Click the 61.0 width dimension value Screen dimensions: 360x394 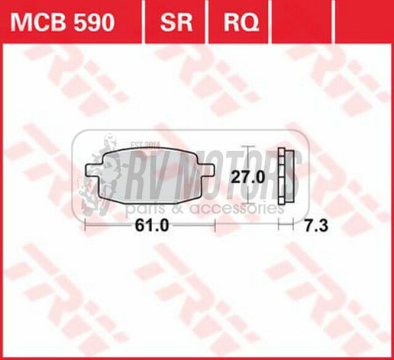pos(152,226)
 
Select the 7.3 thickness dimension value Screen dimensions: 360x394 pos(314,226)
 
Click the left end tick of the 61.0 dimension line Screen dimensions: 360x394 pos(87,225)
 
